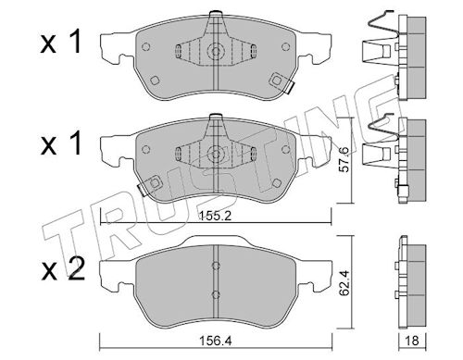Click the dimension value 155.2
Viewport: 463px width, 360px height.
[x=216, y=217]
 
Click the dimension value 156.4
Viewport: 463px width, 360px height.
[x=216, y=341]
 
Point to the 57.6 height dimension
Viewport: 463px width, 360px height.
[x=344, y=159]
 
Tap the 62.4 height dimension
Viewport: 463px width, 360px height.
[x=344, y=283]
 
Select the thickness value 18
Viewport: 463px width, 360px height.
[x=412, y=341]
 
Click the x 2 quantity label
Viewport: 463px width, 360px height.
[x=63, y=269]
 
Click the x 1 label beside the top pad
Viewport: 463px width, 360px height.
[x=61, y=42]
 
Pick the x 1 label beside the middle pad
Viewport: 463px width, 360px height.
[x=61, y=143]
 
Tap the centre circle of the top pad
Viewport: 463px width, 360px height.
[x=216, y=51]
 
